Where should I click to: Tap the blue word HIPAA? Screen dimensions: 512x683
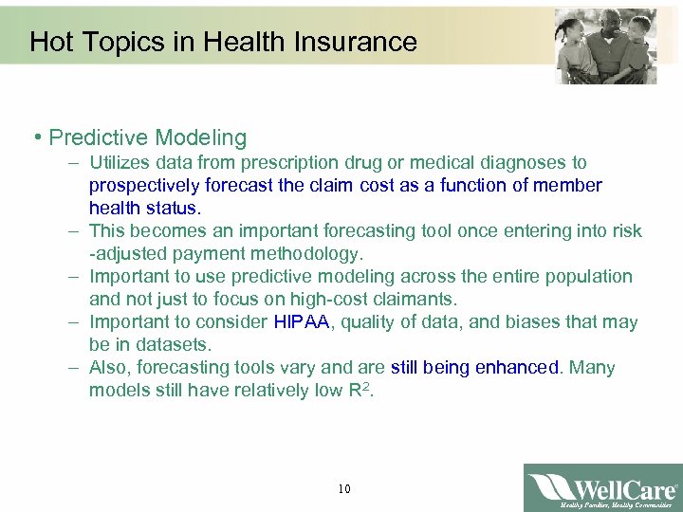(x=301, y=322)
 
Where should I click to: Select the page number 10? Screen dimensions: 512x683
(x=343, y=489)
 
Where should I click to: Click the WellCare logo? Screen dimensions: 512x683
(x=602, y=488)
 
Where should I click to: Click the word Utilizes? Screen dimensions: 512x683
(x=120, y=163)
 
